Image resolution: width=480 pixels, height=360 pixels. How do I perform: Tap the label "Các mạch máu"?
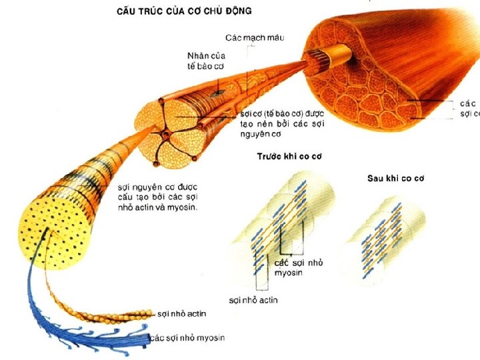click(255, 37)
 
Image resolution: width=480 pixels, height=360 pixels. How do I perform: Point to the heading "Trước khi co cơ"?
click(289, 157)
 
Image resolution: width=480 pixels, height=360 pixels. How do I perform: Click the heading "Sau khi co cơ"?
click(396, 178)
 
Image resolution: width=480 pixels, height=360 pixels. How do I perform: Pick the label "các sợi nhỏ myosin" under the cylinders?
click(299, 268)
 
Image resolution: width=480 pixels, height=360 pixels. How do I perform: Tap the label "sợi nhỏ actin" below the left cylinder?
click(253, 300)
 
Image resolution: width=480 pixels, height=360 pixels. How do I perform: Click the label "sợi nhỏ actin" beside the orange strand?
click(182, 313)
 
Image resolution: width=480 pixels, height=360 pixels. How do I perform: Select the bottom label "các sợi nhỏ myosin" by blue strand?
click(187, 338)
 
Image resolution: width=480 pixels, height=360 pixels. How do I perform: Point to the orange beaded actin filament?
click(100, 313)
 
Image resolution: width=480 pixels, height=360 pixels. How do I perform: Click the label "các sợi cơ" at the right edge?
click(469, 109)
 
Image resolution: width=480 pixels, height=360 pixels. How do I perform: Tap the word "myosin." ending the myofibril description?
click(191, 207)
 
